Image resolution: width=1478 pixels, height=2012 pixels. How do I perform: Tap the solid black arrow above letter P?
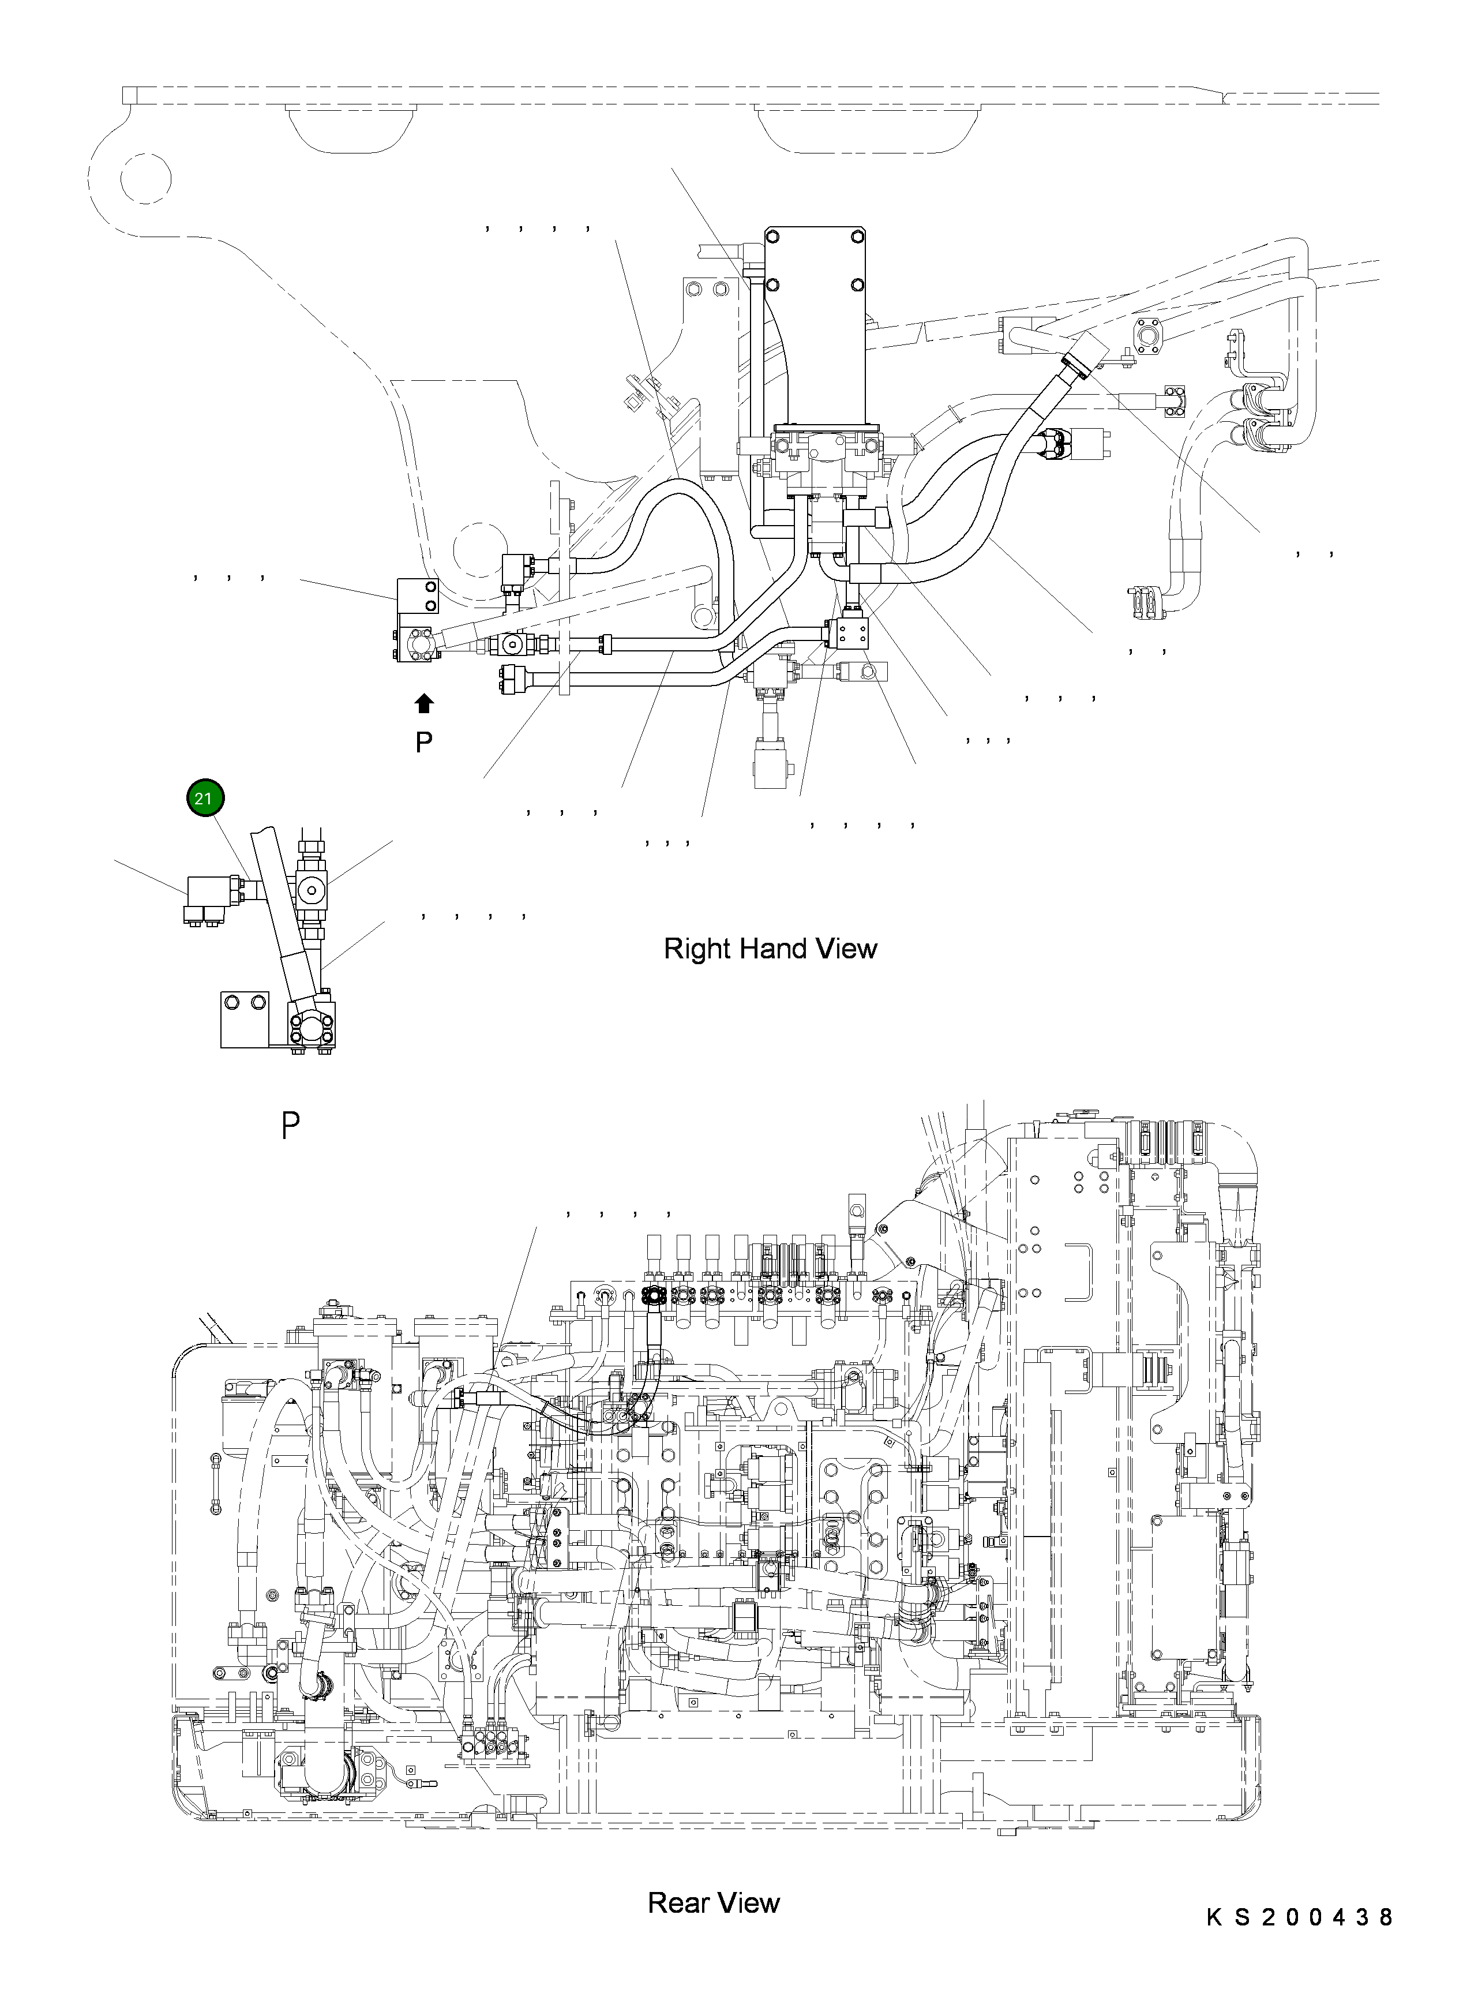[424, 703]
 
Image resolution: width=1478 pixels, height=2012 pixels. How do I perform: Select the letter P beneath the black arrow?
[424, 741]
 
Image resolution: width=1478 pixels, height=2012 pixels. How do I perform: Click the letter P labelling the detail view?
[290, 1125]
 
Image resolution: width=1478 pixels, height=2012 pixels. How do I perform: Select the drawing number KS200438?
[1299, 1942]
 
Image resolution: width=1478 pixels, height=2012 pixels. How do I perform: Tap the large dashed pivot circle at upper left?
[145, 179]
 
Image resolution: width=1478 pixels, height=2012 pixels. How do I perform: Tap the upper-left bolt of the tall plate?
[772, 238]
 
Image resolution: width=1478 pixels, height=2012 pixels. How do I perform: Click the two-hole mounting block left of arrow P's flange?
[418, 597]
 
